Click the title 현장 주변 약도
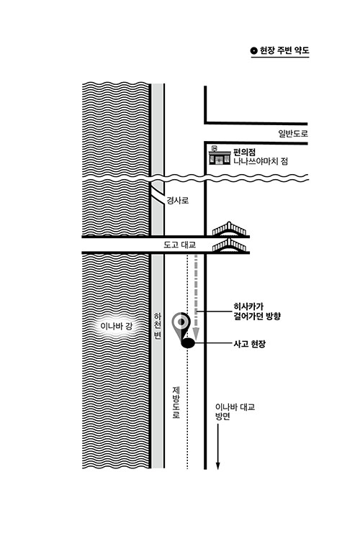pyautogui.click(x=284, y=50)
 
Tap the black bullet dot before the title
pyautogui.click(x=254, y=51)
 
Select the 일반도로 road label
pyautogui.click(x=293, y=133)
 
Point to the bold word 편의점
pyautogui.click(x=244, y=152)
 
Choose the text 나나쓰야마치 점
pyautogui.click(x=261, y=161)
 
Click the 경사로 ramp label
pyautogui.click(x=178, y=200)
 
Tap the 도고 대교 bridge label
pyautogui.click(x=179, y=245)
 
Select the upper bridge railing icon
pyautogui.click(x=229, y=229)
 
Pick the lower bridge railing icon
pyautogui.click(x=229, y=245)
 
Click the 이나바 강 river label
pyautogui.click(x=117, y=326)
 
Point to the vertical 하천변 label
pyautogui.click(x=158, y=326)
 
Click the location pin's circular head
pyautogui.click(x=181, y=322)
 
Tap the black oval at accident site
pyautogui.click(x=188, y=343)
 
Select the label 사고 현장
pyautogui.click(x=250, y=344)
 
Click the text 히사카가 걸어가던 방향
pyautogui.click(x=257, y=311)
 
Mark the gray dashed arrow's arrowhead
pyautogui.click(x=196, y=334)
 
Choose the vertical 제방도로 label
pyautogui.click(x=176, y=402)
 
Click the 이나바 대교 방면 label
pyautogui.click(x=235, y=412)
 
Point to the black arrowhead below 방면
pyautogui.click(x=217, y=465)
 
